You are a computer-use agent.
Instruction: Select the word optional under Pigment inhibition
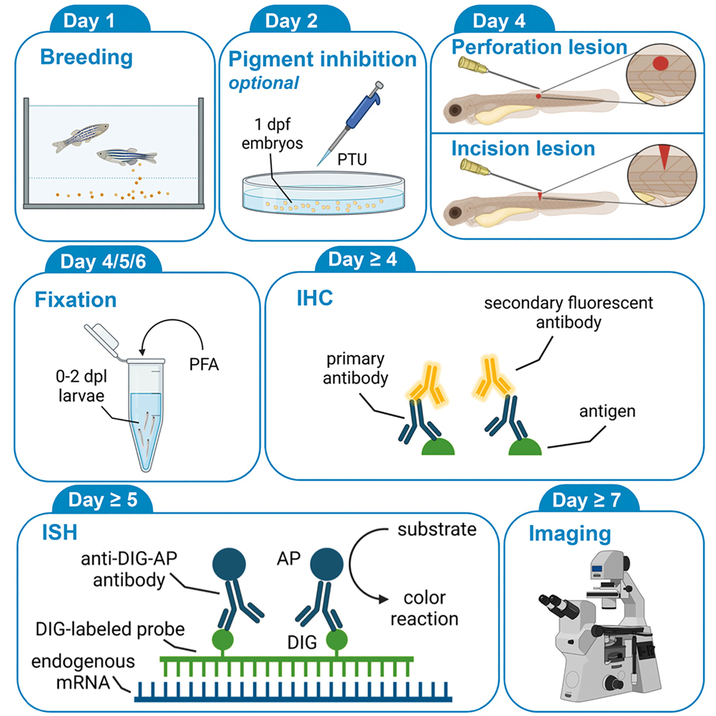[x=264, y=82]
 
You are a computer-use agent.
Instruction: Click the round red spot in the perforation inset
[x=659, y=66]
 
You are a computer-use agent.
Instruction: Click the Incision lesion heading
[x=523, y=149]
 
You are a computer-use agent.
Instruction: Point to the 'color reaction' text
[x=428, y=608]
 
